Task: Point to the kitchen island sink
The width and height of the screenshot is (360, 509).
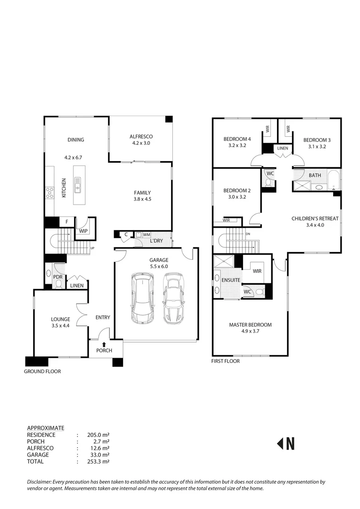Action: pyautogui.click(x=77, y=184)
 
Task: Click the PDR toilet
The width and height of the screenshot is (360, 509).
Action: pyautogui.click(x=58, y=283)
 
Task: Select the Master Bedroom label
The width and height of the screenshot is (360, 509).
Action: pyautogui.click(x=250, y=325)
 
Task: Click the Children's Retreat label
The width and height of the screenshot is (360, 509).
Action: pyautogui.click(x=315, y=218)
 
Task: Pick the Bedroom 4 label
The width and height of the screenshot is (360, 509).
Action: pyautogui.click(x=237, y=139)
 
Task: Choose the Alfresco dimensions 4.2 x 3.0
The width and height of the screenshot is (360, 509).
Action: pyautogui.click(x=141, y=143)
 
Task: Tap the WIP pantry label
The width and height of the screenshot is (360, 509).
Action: pyautogui.click(x=83, y=231)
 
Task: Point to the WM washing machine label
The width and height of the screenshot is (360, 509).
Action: pyautogui.click(x=147, y=234)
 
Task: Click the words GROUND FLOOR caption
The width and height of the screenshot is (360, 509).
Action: pyautogui.click(x=43, y=371)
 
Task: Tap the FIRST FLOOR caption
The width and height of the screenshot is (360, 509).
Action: pyautogui.click(x=226, y=361)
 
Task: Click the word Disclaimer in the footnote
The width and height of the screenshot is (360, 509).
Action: pyautogui.click(x=40, y=482)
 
